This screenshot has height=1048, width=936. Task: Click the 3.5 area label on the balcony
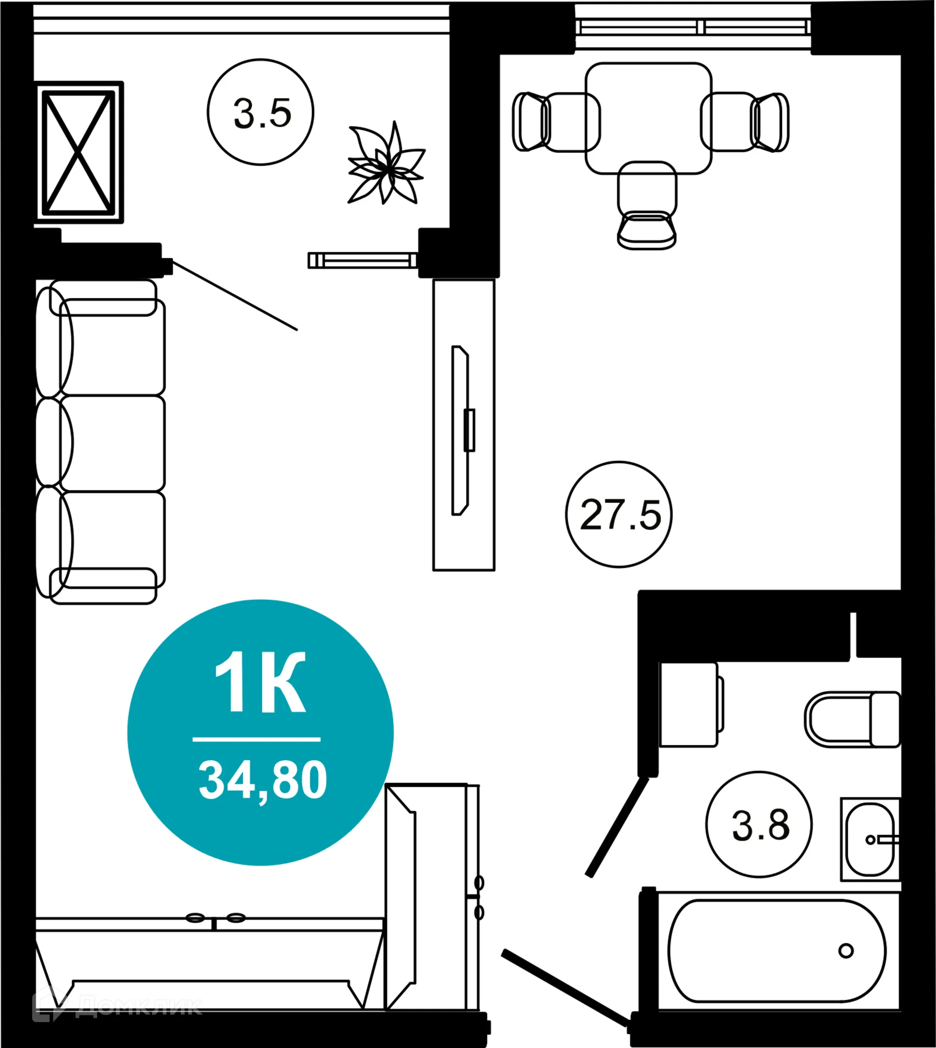pos(261,112)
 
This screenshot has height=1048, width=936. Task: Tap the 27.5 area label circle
pos(619,515)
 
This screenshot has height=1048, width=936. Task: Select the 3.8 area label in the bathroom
pos(759,825)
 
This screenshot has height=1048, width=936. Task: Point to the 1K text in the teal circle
pos(260,682)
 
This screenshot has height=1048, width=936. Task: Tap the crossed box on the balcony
pos(78,152)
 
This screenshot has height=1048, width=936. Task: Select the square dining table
pos(648,118)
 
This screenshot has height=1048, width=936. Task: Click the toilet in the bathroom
pos(851,719)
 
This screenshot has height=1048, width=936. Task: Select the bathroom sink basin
pos(870,840)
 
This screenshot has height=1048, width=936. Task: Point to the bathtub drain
pos(846,951)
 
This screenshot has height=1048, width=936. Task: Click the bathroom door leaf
pos(616,827)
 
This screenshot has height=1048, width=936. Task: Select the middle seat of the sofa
pos(112,443)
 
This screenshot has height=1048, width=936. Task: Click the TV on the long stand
pos(461,430)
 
